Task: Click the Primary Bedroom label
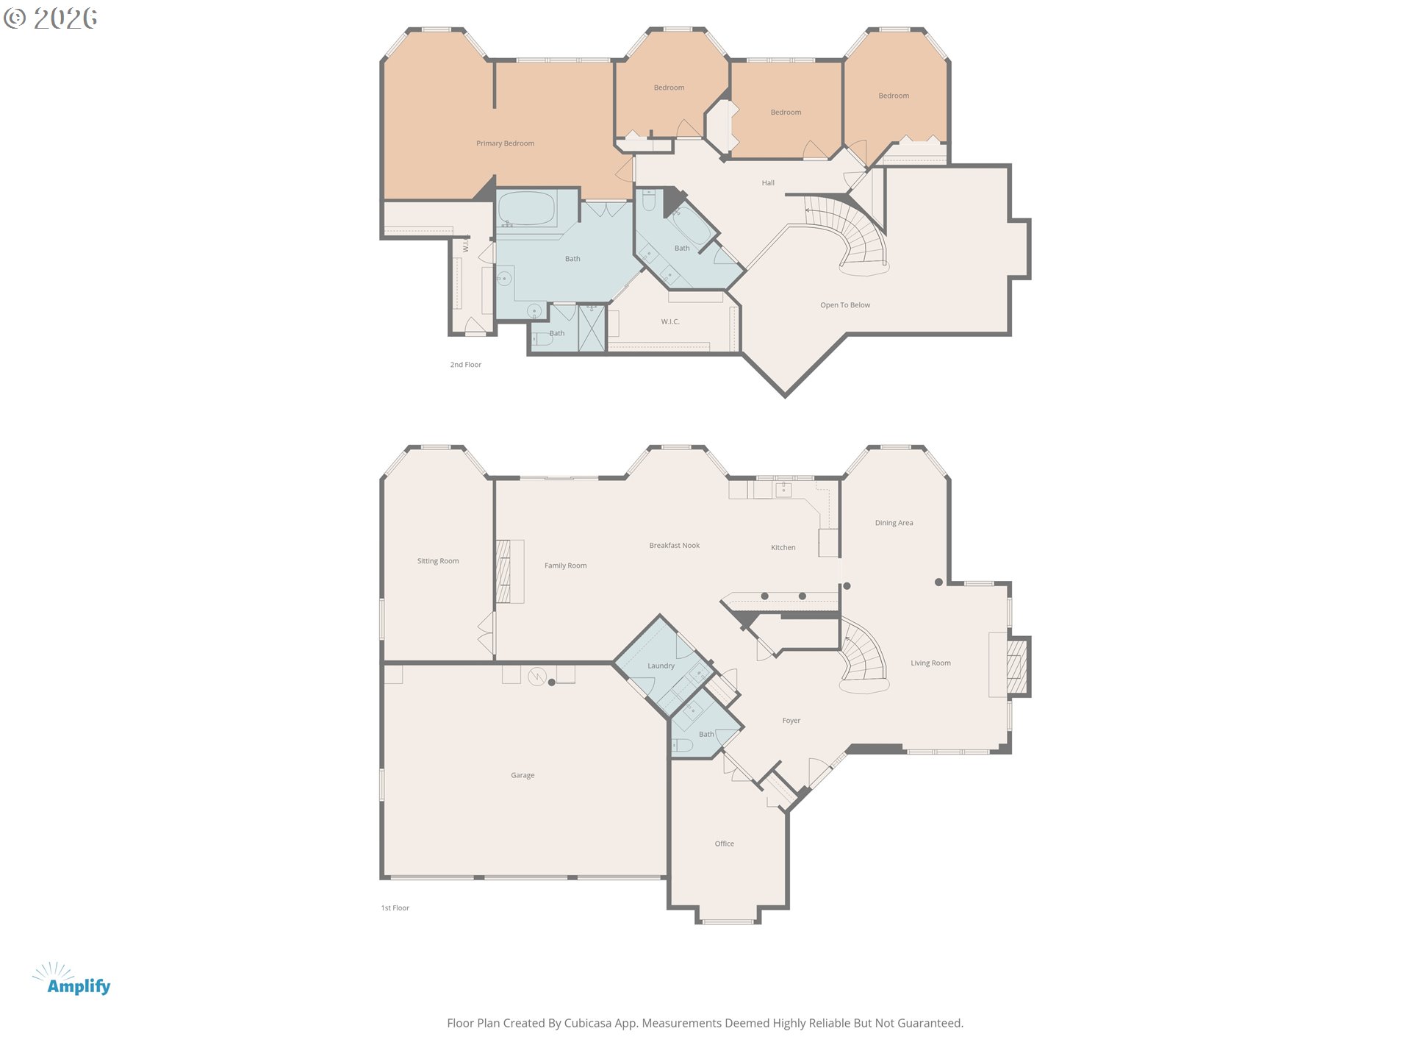click(x=505, y=143)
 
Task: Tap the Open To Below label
click(x=844, y=304)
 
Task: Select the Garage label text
click(x=523, y=775)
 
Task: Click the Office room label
click(x=724, y=844)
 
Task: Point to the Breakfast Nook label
click(x=674, y=545)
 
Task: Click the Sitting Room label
click(x=438, y=560)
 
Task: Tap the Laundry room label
click(x=661, y=666)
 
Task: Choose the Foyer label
click(x=791, y=721)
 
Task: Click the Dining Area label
click(x=894, y=523)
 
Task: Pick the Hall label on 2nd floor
click(x=768, y=183)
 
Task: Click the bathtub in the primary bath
click(x=526, y=209)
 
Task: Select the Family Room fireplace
click(x=503, y=571)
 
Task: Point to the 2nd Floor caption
click(x=465, y=365)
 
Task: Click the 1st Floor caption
click(x=395, y=908)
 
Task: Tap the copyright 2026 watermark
click(x=51, y=18)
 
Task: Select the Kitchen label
click(x=783, y=547)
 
